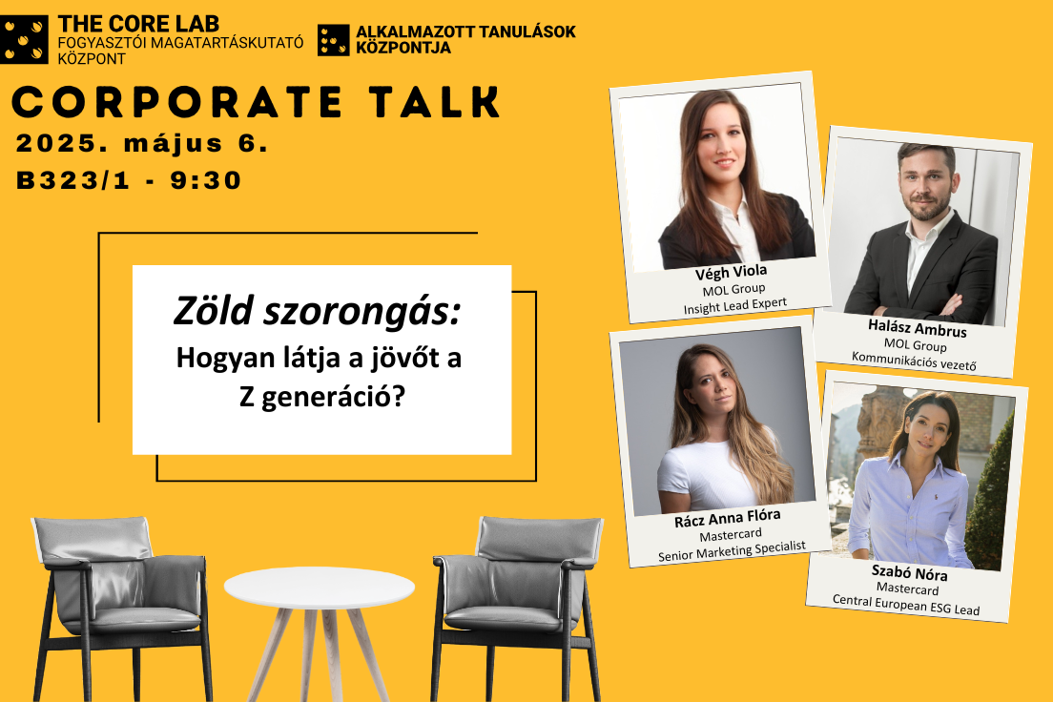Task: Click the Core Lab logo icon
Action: (24, 40)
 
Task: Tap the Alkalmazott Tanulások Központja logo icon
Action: (334, 40)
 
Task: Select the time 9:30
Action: (205, 180)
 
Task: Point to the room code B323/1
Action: (73, 180)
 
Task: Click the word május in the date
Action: (174, 143)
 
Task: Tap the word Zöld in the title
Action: (213, 311)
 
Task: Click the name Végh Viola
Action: (731, 272)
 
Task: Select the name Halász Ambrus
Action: (918, 328)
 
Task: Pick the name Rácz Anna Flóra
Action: (728, 518)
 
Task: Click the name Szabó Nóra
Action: (909, 572)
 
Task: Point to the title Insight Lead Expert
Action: (734, 305)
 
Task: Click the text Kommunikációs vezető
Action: (914, 361)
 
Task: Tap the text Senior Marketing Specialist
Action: (732, 551)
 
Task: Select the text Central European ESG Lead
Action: (906, 605)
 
